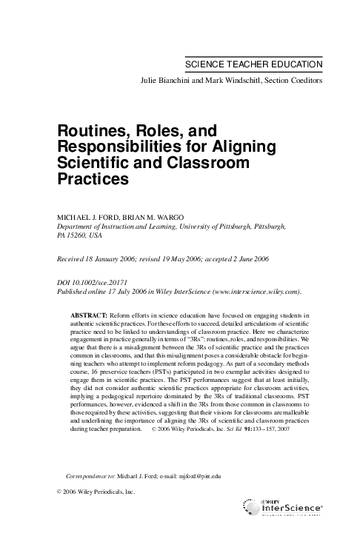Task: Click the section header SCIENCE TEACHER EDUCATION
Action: tap(253, 65)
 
